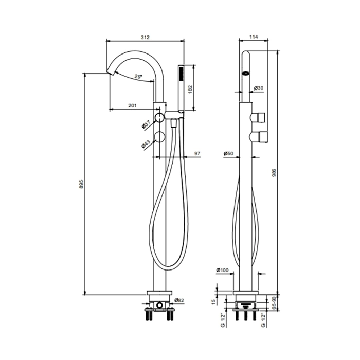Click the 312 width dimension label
145,37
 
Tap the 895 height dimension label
81,184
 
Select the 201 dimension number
132,105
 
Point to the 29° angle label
138,76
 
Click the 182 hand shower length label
190,89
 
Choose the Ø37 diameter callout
146,125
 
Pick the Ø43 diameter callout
146,145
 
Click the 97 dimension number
197,153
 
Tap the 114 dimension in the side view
254,37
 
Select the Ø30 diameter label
259,88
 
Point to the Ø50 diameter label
228,153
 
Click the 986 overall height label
274,173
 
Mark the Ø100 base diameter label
223,270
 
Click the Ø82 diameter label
179,300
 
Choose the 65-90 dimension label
274,303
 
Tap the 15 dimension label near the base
214,302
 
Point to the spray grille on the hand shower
181,74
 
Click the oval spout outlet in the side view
246,74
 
